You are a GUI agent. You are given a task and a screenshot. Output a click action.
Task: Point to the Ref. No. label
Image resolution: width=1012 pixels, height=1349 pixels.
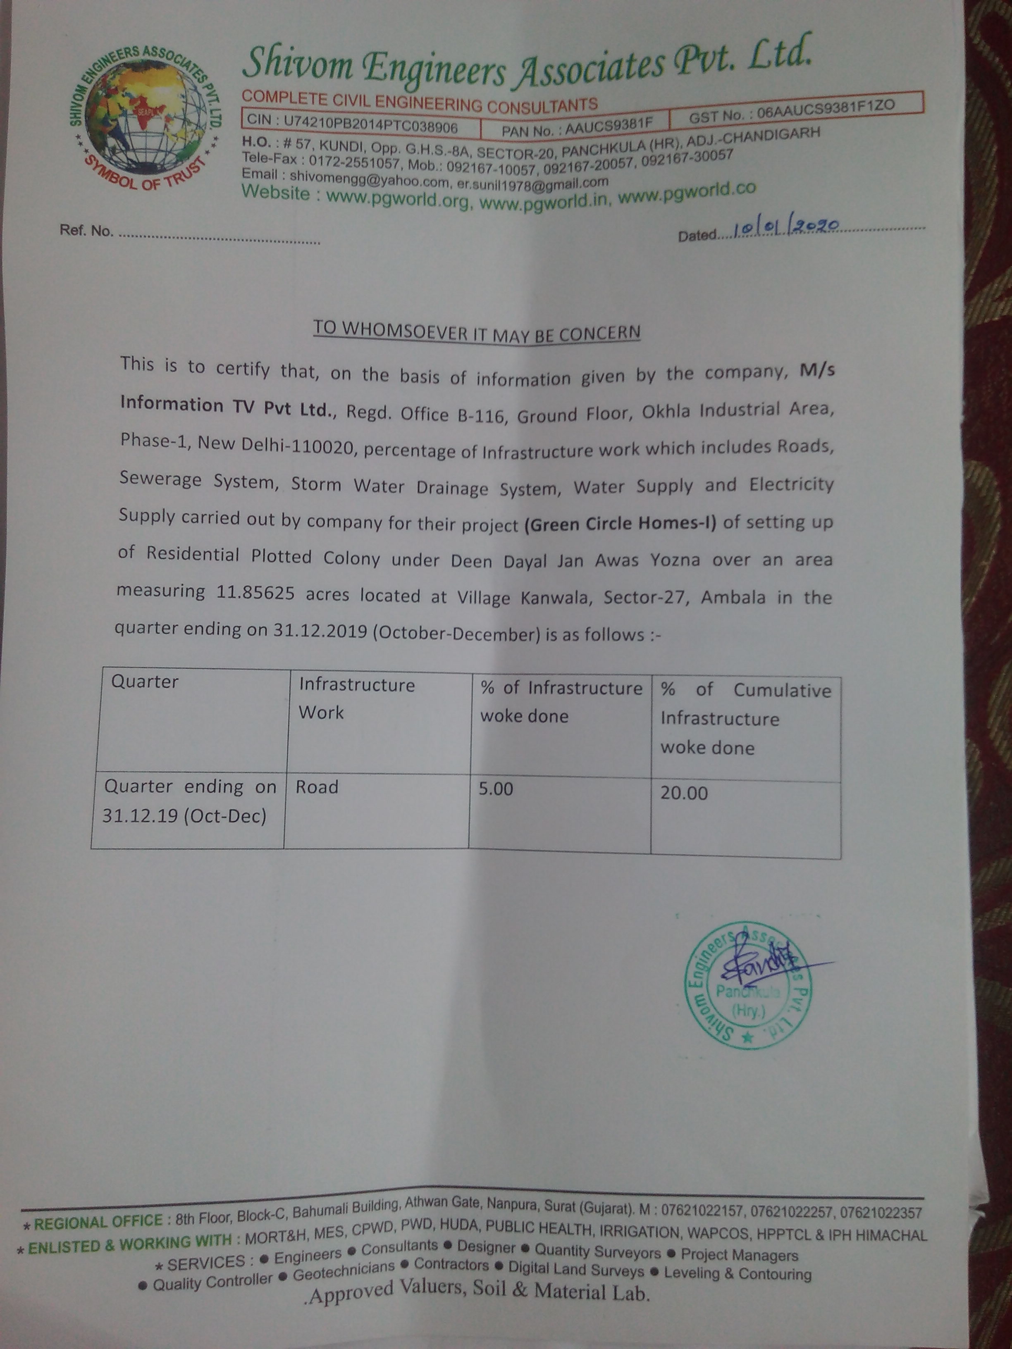86,231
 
